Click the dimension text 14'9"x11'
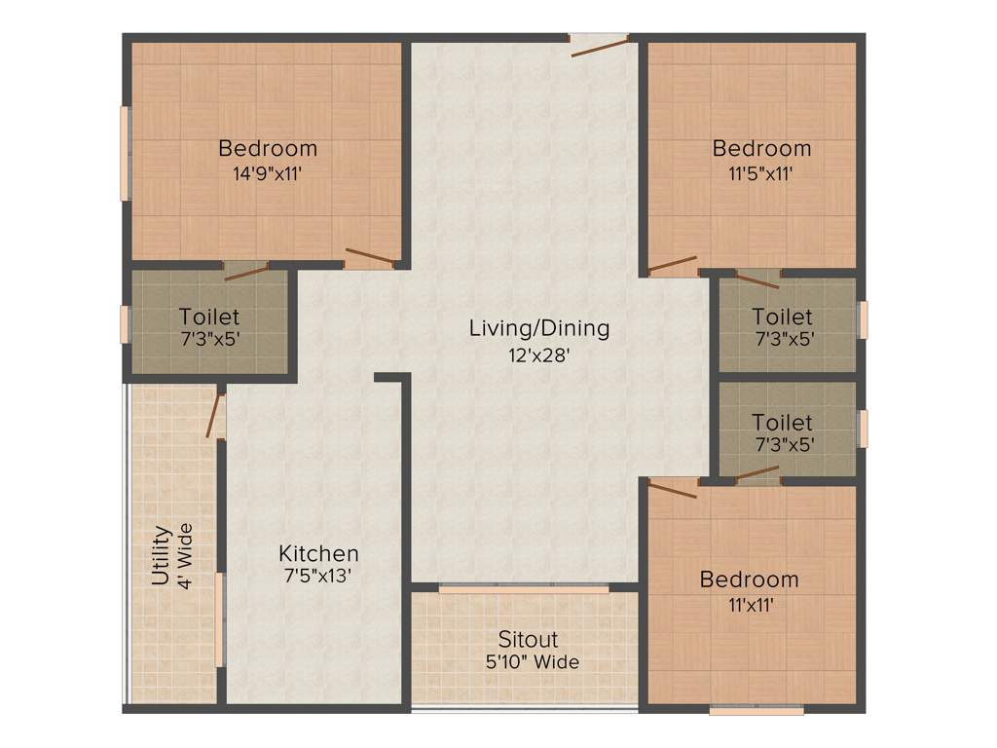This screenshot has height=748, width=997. coord(267,175)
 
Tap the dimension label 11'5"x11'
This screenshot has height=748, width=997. coord(761,175)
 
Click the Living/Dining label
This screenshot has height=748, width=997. coord(539,328)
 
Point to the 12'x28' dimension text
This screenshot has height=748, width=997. coord(538,355)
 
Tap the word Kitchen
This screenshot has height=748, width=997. coord(318,553)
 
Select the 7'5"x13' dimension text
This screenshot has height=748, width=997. coord(318,576)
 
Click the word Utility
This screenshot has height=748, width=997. coord(162,556)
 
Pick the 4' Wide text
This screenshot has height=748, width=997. coord(185,556)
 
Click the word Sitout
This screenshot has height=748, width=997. coord(528,640)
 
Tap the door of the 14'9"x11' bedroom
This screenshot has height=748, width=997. coord(369,259)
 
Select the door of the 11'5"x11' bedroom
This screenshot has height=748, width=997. coord(673,264)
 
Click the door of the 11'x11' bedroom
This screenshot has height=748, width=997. coord(673,488)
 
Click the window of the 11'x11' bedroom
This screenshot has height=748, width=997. coord(757,710)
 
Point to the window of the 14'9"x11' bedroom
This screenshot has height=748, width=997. coord(125,153)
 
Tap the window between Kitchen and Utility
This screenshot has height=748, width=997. coord(221,633)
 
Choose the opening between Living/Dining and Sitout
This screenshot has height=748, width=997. coord(524,589)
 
